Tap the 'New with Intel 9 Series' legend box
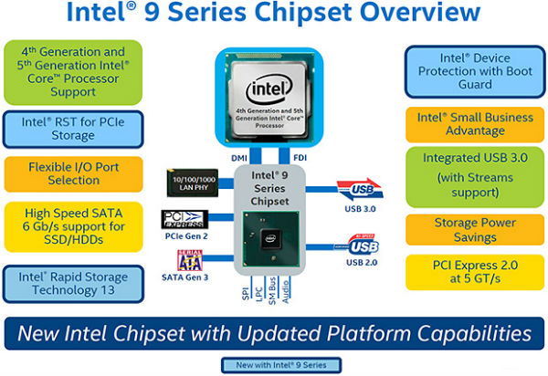click(x=274, y=365)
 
